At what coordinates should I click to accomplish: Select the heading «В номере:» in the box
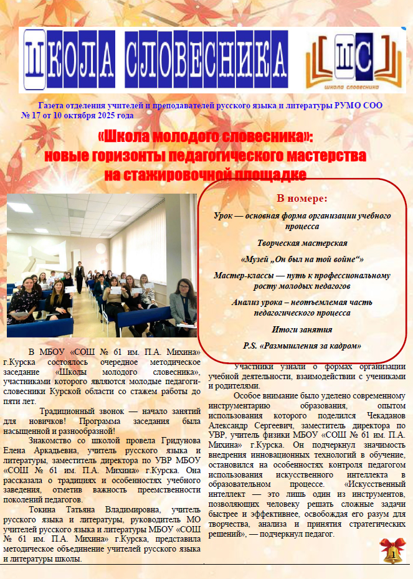click(302, 199)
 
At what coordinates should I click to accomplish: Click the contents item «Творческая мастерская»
click(302, 243)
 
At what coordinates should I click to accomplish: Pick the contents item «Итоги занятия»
click(302, 329)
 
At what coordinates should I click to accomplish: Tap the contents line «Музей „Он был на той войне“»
click(302, 259)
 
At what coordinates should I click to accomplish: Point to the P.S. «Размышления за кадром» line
click(302, 346)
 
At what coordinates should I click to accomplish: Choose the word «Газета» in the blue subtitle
click(51, 106)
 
